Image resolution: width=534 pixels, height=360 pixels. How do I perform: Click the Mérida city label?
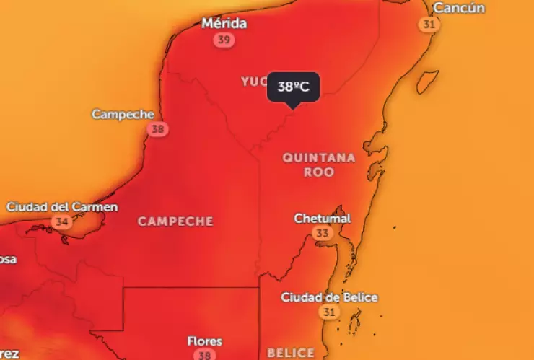(224, 24)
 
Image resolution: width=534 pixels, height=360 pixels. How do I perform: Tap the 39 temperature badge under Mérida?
(224, 40)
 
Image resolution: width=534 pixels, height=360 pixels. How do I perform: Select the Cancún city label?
(459, 8)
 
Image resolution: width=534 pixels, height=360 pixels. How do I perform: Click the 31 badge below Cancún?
(429, 25)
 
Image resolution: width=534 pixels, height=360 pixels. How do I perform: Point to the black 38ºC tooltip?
(293, 87)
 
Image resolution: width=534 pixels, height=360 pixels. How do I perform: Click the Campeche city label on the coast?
(123, 115)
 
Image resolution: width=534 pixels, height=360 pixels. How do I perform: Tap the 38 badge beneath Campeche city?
(157, 130)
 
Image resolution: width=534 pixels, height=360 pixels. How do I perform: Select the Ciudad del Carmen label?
(62, 207)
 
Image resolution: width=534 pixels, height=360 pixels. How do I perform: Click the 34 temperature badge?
(61, 222)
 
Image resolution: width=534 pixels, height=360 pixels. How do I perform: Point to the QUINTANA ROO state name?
(319, 164)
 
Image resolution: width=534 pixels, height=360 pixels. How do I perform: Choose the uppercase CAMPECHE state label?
(175, 221)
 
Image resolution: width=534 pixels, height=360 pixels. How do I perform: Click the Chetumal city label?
(323, 219)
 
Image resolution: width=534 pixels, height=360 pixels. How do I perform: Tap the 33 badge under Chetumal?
(322, 234)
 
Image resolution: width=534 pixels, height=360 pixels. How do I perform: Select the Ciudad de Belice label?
(329, 297)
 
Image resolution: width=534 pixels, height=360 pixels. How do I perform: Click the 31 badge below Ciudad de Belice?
(329, 312)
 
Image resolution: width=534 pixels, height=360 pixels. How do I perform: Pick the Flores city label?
(205, 341)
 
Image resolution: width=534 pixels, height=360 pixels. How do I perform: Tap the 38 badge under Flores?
(205, 355)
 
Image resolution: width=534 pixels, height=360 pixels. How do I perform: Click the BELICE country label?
(291, 353)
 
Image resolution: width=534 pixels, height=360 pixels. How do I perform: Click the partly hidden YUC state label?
(254, 82)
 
